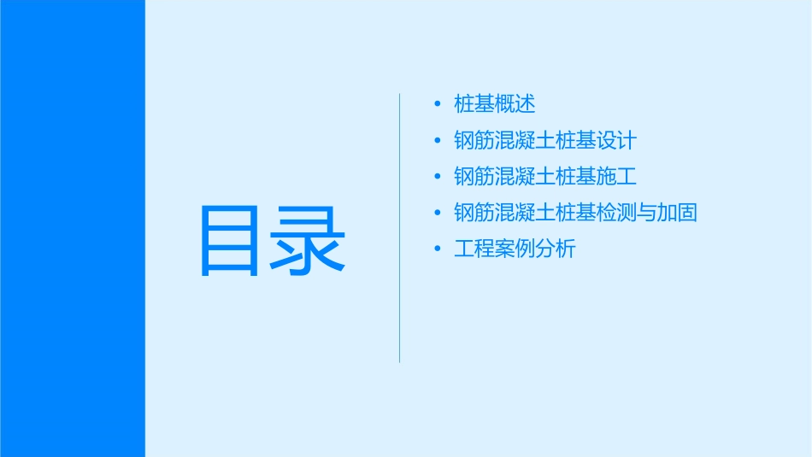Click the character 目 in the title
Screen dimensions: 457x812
(x=230, y=241)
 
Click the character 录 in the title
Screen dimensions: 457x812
(x=309, y=241)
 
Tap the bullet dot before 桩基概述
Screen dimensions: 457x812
(x=438, y=104)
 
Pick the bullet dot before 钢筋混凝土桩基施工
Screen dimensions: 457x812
(x=438, y=177)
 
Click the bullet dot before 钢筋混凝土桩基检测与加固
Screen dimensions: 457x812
(x=438, y=213)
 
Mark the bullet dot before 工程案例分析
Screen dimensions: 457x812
(x=438, y=249)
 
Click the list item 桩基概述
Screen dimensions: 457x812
(x=495, y=104)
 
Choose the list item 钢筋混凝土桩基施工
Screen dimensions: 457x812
(x=545, y=177)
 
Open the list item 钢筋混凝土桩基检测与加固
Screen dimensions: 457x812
(x=575, y=213)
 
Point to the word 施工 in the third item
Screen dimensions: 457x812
(x=617, y=177)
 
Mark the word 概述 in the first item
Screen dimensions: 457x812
(x=515, y=104)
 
